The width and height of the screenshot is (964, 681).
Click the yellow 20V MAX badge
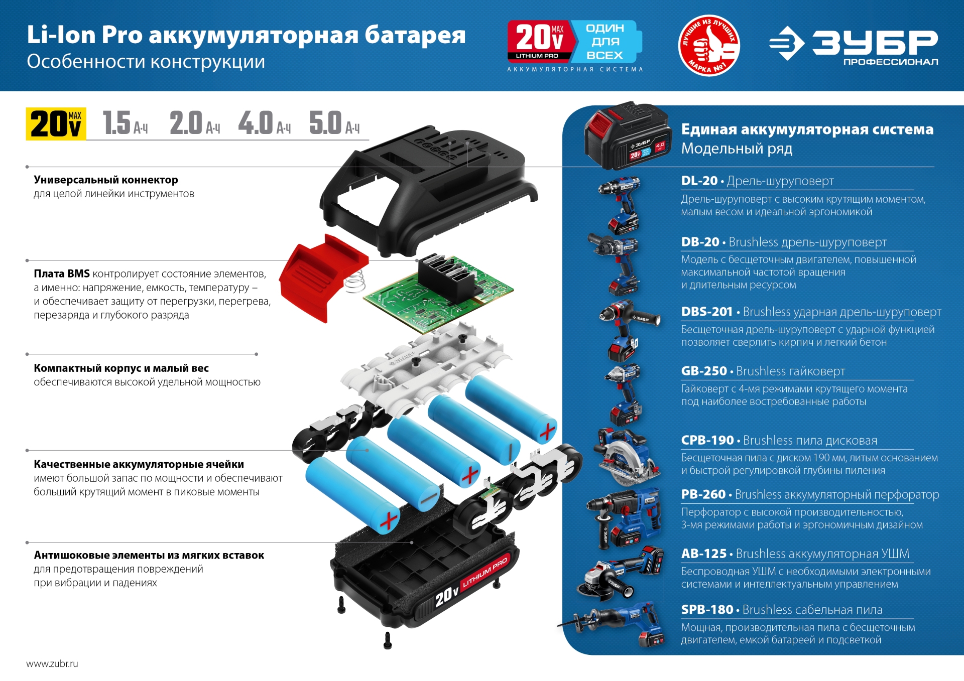point(56,123)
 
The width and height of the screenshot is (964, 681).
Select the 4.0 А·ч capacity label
point(264,123)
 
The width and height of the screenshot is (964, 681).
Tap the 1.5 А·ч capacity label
point(125,123)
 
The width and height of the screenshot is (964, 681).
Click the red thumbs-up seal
point(708,45)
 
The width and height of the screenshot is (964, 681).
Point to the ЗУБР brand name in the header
point(875,42)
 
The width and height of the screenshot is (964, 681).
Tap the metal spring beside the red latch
point(354,282)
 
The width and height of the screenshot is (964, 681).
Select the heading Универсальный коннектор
point(106,180)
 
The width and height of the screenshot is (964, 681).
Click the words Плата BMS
point(62,274)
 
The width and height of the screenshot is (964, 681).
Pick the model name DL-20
point(699,181)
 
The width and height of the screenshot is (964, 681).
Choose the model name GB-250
point(703,371)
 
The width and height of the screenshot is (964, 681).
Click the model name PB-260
point(703,494)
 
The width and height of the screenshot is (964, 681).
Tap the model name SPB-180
point(707,610)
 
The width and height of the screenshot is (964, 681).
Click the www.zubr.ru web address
point(52,663)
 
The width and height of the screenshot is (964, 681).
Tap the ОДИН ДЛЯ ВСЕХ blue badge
point(605,42)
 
